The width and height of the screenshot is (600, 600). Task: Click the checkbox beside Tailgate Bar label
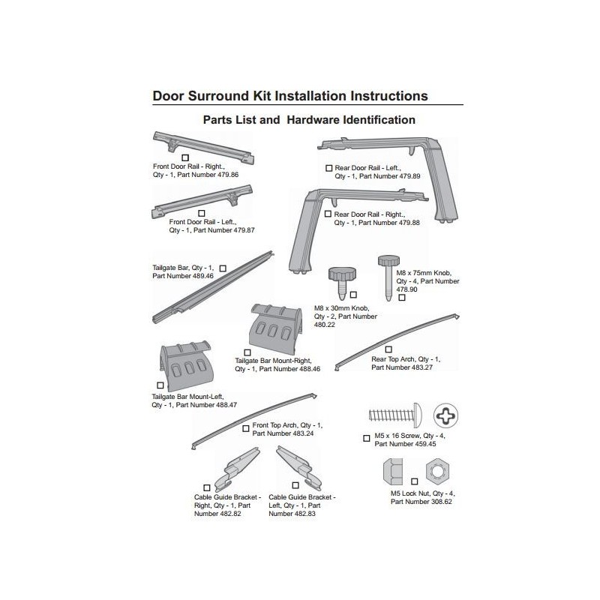[x=223, y=267]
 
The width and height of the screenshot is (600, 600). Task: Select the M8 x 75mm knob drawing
[x=388, y=274]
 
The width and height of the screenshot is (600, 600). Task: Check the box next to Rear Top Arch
[x=388, y=349]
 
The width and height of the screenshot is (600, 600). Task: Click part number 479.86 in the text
[x=224, y=175]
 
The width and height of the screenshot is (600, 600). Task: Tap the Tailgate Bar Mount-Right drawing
[x=276, y=327]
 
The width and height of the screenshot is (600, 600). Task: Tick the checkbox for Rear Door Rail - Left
[x=328, y=168]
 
